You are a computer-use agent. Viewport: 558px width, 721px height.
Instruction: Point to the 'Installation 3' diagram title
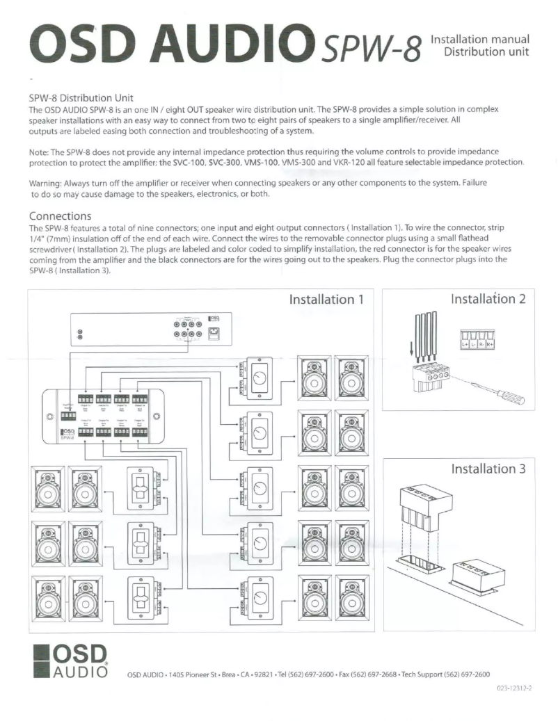[488, 468]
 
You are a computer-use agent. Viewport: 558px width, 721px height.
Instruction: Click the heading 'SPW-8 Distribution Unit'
[80, 97]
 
